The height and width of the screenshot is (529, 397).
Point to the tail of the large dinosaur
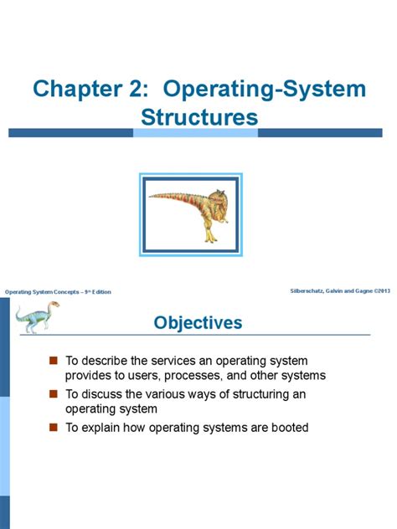tap(164, 198)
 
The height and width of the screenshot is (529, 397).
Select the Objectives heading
tap(198, 323)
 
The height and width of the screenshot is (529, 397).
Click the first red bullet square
tap(53, 360)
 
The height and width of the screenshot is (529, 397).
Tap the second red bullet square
tap(53, 393)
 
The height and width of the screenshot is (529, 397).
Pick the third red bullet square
tap(53, 427)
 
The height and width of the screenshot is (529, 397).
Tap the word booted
tap(289, 428)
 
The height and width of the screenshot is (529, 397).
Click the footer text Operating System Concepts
tap(42, 291)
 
